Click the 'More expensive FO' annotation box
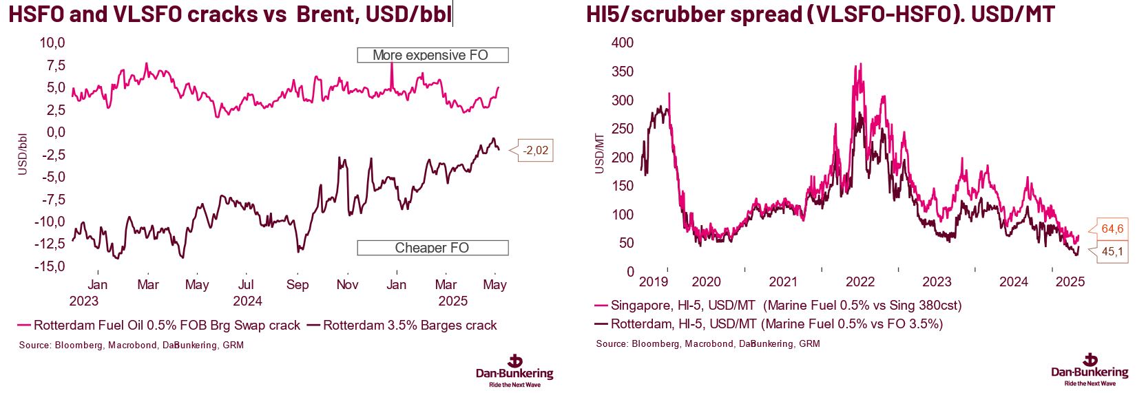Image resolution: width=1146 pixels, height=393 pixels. pyautogui.click(x=432, y=55)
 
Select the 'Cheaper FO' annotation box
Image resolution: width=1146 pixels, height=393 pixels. pyautogui.click(x=432, y=248)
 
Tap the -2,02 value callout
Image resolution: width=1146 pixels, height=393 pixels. pyautogui.click(x=535, y=150)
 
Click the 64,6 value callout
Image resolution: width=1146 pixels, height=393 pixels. pyautogui.click(x=1112, y=229)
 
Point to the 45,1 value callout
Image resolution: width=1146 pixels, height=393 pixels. pyautogui.click(x=1112, y=252)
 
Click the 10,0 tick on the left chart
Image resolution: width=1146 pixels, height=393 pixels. pyautogui.click(x=52, y=43)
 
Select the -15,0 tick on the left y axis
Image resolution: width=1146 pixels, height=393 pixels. pyautogui.click(x=50, y=266)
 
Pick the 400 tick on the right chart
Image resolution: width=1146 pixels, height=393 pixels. pyautogui.click(x=623, y=43)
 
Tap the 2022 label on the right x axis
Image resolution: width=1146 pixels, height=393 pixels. pyautogui.click(x=860, y=282)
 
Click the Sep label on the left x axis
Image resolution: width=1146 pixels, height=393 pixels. pyautogui.click(x=298, y=284)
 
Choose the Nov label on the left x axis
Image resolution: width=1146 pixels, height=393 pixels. pyautogui.click(x=347, y=284)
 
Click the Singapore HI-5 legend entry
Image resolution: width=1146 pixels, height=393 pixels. pyautogui.click(x=778, y=305)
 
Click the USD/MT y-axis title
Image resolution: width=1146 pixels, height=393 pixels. pyautogui.click(x=599, y=153)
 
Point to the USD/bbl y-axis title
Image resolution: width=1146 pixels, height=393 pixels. pyautogui.click(x=23, y=154)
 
